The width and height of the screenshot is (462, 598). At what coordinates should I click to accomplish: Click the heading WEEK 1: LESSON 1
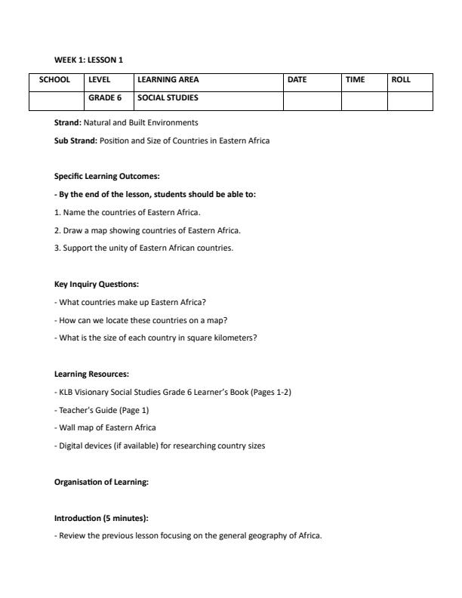88,60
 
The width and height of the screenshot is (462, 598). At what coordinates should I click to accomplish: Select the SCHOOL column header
55,79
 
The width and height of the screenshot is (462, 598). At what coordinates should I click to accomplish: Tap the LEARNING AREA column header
168,79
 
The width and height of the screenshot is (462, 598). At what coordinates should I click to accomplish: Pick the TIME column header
355,79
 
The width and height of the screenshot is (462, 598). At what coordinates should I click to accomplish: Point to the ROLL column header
401,79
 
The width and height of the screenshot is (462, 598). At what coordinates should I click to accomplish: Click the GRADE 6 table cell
105,97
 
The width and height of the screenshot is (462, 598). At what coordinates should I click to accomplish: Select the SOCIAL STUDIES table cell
168,97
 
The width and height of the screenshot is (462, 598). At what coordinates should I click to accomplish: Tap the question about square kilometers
156,338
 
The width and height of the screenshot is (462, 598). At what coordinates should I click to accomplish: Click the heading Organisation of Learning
101,482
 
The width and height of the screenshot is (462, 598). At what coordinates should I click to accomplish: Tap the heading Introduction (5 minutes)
101,518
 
